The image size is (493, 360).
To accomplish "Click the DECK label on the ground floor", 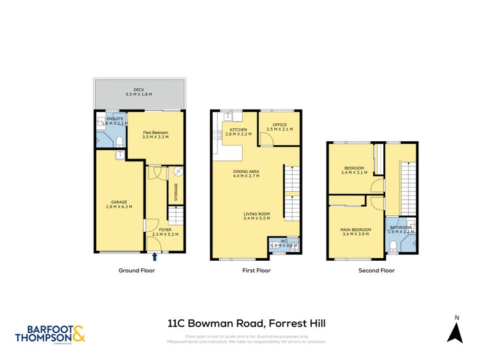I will click(139, 89).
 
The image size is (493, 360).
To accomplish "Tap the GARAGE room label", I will click(119, 201).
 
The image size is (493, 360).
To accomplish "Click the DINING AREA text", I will click(245, 171).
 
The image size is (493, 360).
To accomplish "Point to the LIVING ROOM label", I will click(257, 214).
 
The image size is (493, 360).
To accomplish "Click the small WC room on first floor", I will click(284, 245).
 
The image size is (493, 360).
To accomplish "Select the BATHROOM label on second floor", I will click(400, 227).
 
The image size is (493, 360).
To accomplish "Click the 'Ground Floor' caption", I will click(136, 270).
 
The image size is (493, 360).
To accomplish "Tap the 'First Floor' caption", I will click(255, 270).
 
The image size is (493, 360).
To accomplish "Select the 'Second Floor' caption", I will click(376, 270).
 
